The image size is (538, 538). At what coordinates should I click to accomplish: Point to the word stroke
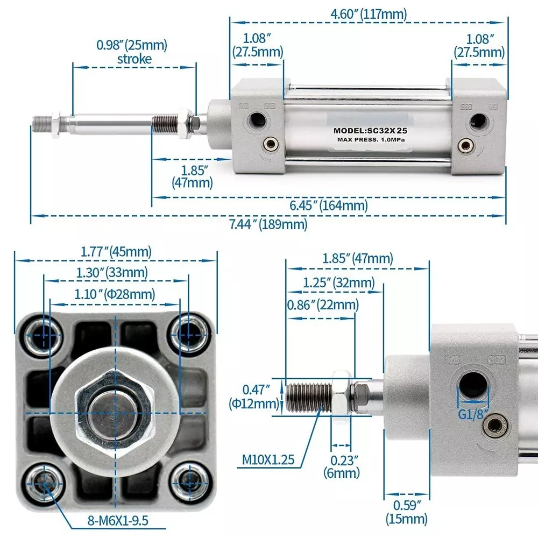tap(134, 59)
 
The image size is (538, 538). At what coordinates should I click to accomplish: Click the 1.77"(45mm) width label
tap(116, 251)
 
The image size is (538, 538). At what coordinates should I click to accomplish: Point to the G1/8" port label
tap(472, 415)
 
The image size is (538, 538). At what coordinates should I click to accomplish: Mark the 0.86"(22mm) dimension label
tap(322, 305)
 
